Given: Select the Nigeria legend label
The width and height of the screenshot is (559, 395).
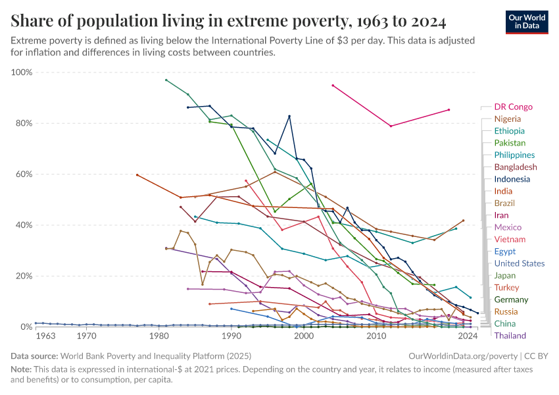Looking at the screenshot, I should click(x=507, y=119).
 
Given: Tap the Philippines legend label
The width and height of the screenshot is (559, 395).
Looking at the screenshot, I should click(x=514, y=155).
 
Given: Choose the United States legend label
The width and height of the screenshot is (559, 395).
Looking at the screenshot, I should click(x=519, y=263).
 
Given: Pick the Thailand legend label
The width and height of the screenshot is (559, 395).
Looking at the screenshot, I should click(x=510, y=336).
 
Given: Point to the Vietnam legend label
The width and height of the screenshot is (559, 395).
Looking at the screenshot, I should click(x=509, y=239).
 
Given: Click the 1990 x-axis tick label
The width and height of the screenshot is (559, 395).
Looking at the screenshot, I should click(x=231, y=336).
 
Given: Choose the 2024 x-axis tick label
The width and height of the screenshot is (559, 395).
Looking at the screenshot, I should click(x=467, y=336).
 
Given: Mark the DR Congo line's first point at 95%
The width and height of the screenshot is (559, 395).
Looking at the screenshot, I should click(x=333, y=86).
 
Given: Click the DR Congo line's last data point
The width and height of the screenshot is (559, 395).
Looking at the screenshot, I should click(x=449, y=110).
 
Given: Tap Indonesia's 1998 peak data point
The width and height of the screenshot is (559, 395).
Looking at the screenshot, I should click(x=289, y=117).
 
